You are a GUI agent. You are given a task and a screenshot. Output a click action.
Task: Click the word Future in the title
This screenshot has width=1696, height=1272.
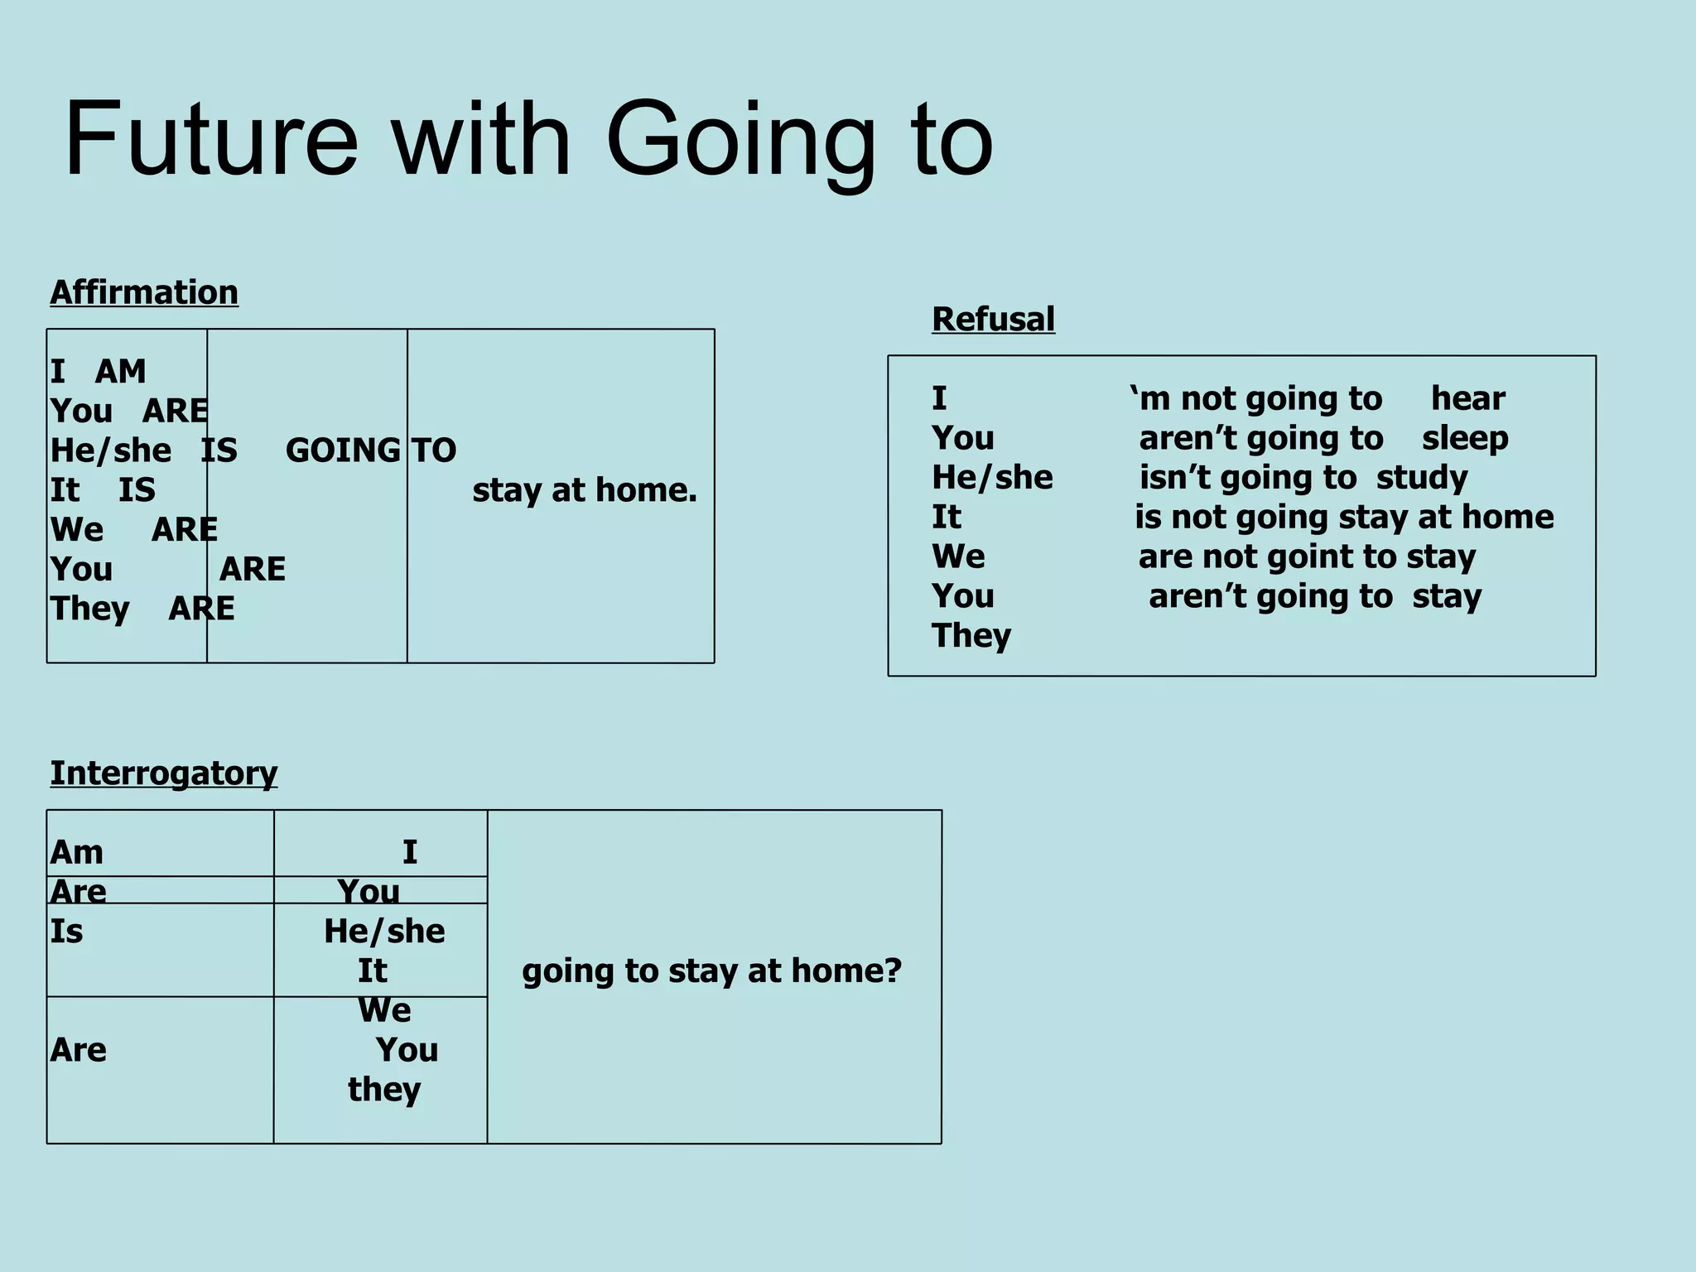point(211,138)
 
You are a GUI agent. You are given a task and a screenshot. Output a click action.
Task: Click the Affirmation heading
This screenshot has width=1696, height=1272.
point(144,292)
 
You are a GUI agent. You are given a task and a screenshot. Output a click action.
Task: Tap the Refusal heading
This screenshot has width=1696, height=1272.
point(993,319)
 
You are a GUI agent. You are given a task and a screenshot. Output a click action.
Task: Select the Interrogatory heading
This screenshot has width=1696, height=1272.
point(163,773)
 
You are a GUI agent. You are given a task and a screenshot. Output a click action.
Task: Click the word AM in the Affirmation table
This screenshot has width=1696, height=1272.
point(121,372)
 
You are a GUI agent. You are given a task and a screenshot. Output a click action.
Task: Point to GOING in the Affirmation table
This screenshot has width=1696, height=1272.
point(343,450)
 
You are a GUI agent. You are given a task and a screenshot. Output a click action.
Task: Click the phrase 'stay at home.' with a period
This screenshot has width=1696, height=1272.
point(585,490)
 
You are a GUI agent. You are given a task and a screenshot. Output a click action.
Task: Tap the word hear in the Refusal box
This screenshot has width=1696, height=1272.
point(1467,398)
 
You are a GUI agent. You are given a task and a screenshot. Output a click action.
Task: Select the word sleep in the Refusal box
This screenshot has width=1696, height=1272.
point(1464,438)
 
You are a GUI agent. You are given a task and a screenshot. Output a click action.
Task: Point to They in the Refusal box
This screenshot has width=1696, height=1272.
point(971,636)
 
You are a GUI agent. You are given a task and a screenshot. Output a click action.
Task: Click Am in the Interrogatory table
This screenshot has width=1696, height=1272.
point(77,852)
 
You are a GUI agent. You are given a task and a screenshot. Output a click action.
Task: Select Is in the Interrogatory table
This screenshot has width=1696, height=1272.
point(66,932)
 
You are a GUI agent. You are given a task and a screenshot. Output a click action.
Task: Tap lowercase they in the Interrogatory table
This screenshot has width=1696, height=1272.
point(384,1090)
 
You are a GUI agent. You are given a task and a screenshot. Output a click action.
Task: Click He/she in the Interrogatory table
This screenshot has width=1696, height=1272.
point(384,932)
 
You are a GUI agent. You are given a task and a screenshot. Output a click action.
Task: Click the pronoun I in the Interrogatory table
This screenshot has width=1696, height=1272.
point(410,852)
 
